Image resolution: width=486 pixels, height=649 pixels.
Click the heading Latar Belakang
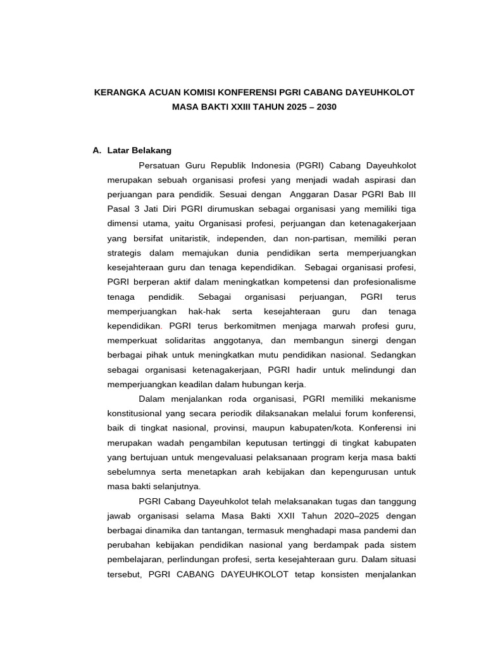139,151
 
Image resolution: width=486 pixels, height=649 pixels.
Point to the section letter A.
96,151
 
